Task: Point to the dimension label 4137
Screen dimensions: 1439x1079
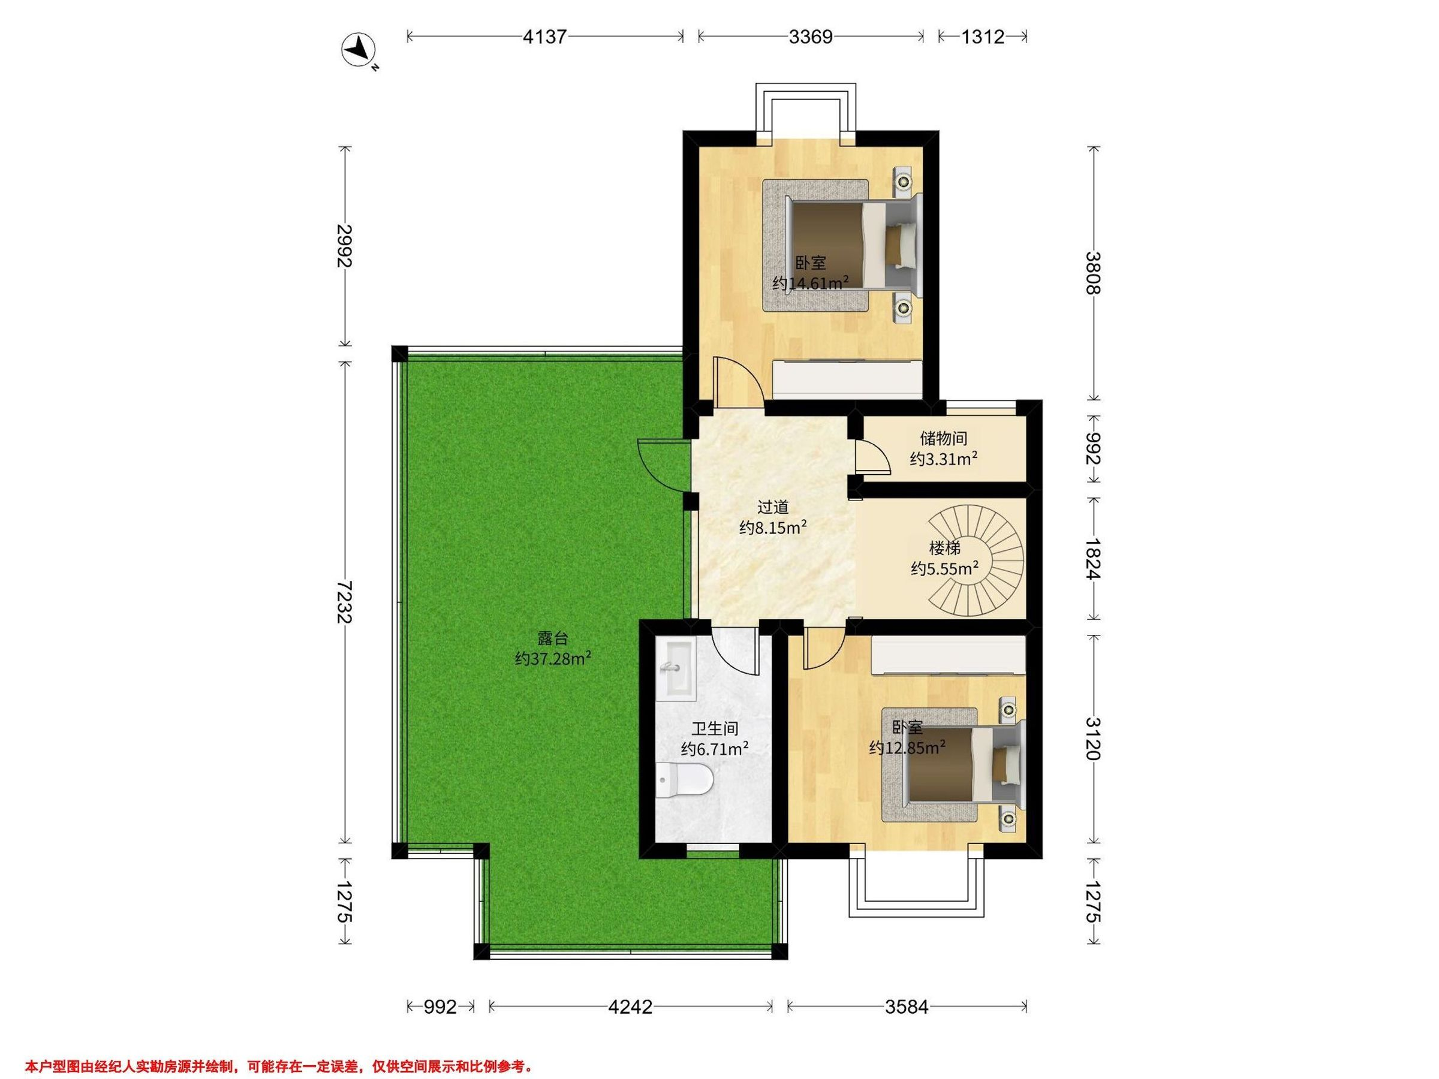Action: tap(545, 37)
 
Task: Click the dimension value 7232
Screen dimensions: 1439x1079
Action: tap(344, 602)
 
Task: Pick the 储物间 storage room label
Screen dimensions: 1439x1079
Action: tap(943, 438)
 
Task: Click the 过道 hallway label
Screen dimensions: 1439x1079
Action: tap(773, 507)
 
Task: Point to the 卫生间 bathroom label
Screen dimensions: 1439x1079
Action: tap(714, 729)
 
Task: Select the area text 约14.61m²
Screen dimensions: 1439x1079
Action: tap(811, 283)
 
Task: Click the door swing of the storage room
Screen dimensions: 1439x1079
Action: tap(872, 455)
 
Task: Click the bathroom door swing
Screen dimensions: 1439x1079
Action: tap(735, 650)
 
